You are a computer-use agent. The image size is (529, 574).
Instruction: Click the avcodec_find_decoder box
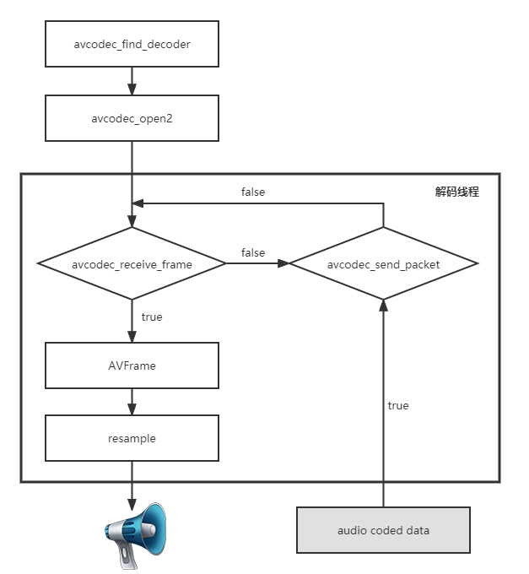tap(132, 44)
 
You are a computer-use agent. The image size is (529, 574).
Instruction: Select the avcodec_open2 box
tap(132, 117)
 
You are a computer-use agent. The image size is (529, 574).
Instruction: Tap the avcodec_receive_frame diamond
tap(132, 264)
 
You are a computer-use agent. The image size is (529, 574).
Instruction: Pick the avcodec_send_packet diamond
tap(383, 264)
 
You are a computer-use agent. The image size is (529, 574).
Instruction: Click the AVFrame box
tap(132, 366)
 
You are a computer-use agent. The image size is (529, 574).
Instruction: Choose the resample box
tap(132, 438)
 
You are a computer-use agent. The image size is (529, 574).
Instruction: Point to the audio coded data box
tap(383, 530)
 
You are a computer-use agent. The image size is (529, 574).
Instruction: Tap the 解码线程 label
tap(456, 192)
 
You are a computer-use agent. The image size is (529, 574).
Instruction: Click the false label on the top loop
tap(253, 192)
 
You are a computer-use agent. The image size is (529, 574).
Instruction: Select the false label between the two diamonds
tap(253, 252)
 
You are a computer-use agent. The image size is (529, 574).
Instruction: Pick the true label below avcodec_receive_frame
tap(152, 317)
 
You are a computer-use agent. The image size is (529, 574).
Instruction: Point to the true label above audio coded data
tap(398, 405)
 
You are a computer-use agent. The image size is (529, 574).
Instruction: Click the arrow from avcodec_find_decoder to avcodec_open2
tap(132, 81)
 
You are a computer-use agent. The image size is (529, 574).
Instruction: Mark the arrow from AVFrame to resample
tap(132, 402)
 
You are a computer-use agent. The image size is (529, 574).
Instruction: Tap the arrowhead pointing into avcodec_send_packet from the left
tap(283, 263)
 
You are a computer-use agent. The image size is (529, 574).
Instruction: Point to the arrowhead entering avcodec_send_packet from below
tap(383, 305)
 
